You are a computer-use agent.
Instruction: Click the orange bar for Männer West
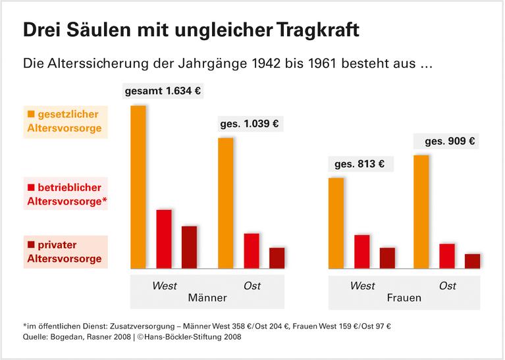pos(138,187)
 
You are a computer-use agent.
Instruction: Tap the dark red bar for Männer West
pos(189,247)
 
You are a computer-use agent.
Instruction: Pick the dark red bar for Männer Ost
pos(277,258)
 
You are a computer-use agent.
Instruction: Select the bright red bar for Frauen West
pos(361,251)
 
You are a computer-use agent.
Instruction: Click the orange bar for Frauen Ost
pos(421,211)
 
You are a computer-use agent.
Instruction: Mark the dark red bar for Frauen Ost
pos(472,261)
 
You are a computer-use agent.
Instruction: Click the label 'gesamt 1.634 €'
pos(163,91)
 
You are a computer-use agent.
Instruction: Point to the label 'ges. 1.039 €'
pos(249,123)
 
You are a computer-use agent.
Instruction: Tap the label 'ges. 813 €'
pos(359,163)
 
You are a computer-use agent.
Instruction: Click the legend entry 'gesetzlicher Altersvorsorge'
pos(65,121)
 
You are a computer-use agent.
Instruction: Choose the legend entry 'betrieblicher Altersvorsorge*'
pos(65,194)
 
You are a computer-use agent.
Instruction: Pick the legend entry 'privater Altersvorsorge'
pos(65,251)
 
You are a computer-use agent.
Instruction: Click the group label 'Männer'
pos(207,298)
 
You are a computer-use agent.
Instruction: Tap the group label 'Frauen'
pos(404,298)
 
